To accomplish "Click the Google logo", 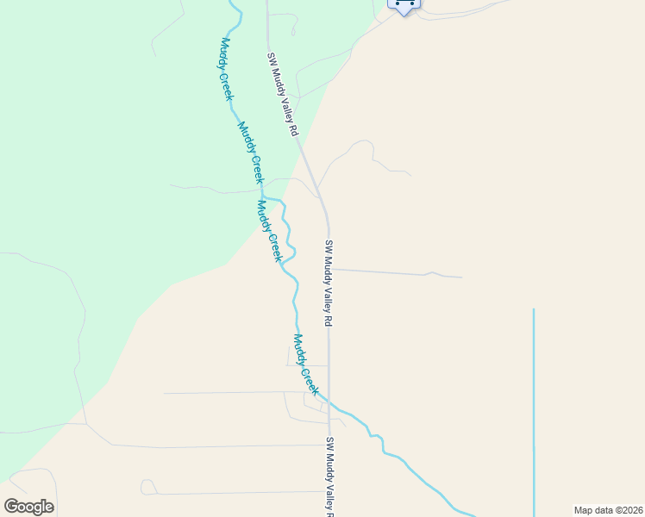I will [29, 507].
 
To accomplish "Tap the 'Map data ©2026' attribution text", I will [608, 510].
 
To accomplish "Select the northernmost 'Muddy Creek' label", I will [227, 69].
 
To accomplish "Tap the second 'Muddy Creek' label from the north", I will [250, 152].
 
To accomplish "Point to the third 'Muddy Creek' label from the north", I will [270, 231].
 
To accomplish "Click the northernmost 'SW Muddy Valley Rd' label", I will [282, 95].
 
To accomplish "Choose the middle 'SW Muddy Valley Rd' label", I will [329, 283].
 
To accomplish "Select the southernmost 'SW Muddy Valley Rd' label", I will [329, 478].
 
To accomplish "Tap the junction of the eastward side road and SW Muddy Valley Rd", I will [329, 269].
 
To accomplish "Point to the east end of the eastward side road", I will [461, 277].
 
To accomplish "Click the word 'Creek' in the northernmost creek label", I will [230, 84].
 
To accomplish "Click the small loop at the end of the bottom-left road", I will [147, 487].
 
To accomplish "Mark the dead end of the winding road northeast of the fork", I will [410, 175].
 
